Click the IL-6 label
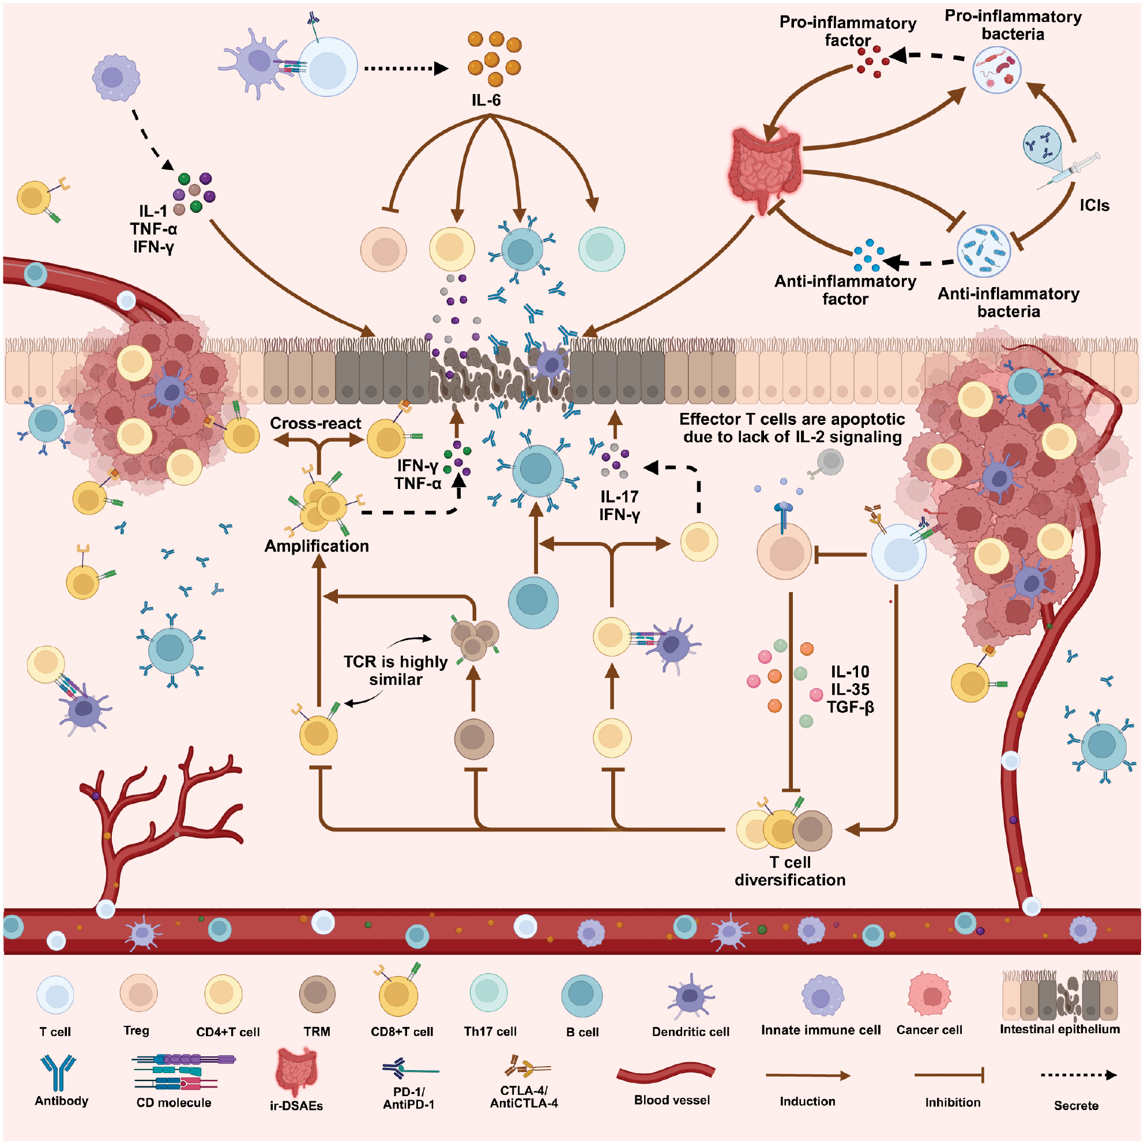click(x=486, y=100)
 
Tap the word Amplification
click(x=316, y=546)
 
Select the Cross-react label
click(x=315, y=423)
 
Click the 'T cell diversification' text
click(x=790, y=871)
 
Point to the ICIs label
click(x=1094, y=205)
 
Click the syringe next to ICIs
click(x=1070, y=172)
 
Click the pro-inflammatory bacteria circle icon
click(x=997, y=70)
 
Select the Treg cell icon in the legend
click(x=138, y=994)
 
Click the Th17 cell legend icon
click(x=488, y=993)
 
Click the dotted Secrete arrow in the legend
click(x=1078, y=1075)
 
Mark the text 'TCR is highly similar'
click(x=396, y=670)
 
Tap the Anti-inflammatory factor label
click(x=845, y=290)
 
